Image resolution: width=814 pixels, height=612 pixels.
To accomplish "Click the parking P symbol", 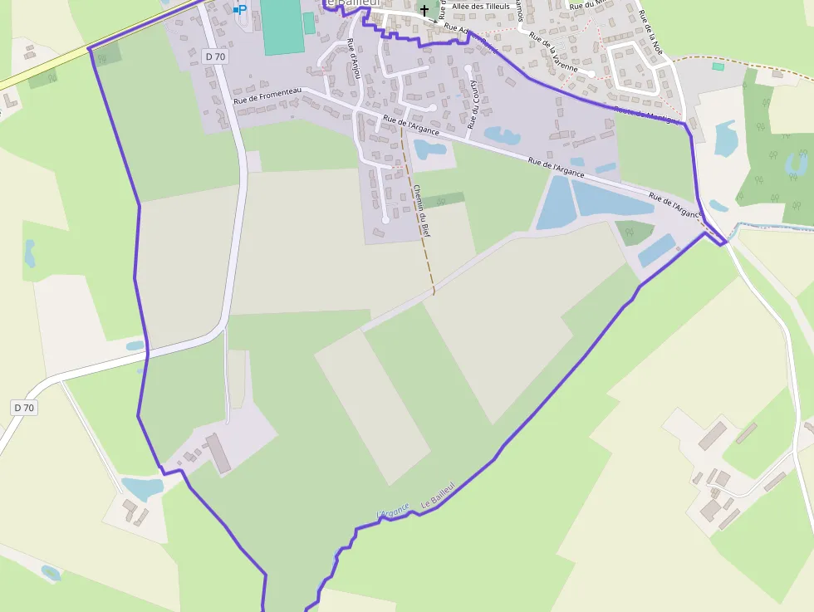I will pos(241,9).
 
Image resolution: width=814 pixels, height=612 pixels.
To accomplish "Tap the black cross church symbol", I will pos(424,10).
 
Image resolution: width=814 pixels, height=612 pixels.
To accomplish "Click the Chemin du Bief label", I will pos(422,207).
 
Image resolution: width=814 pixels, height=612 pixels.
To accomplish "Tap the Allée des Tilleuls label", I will pos(481,7).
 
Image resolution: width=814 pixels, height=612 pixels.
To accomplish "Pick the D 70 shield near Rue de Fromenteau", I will pos(214,56).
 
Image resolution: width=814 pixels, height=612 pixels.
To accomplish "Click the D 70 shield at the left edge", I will pos(24,408).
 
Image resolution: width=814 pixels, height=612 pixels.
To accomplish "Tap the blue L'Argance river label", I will pos(394,512).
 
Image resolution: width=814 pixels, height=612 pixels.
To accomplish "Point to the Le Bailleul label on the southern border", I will pos(439,495).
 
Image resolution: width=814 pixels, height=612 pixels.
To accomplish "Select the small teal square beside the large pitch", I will pos(309,23).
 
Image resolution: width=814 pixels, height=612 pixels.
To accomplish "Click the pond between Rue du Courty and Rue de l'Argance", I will pos(502,135).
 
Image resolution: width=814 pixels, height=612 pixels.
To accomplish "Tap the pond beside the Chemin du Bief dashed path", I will pos(430,149).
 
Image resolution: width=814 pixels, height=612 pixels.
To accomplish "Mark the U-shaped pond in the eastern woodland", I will pos(796,162).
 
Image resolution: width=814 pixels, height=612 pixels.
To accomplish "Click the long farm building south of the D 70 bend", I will pos(218,453).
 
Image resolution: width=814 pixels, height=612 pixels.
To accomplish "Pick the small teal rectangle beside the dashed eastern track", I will pos(718,66).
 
